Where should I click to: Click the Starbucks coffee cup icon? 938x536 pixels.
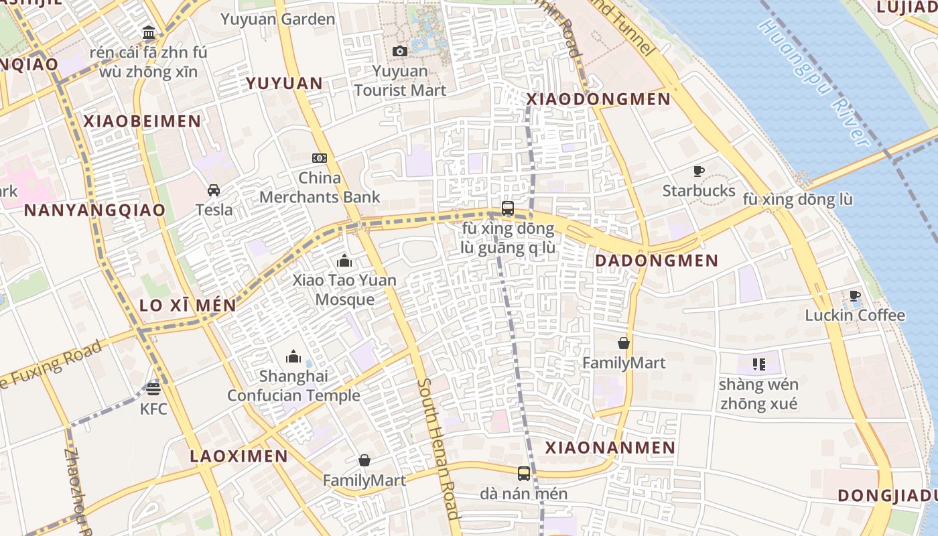pyautogui.click(x=699, y=172)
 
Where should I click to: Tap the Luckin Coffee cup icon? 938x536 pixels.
pyautogui.click(x=854, y=295)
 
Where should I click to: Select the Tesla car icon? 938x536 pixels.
pyautogui.click(x=214, y=190)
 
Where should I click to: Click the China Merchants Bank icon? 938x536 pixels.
pyautogui.click(x=320, y=158)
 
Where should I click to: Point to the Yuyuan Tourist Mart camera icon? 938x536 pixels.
pyautogui.click(x=400, y=52)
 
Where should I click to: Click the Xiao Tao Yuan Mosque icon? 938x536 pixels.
pyautogui.click(x=344, y=261)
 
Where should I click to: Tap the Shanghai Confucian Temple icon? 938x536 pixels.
pyautogui.click(x=293, y=356)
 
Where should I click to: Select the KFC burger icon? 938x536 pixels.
pyautogui.click(x=153, y=389)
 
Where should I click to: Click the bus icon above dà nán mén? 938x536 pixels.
pyautogui.click(x=524, y=474)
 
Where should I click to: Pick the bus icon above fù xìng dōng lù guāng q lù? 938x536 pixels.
pyautogui.click(x=508, y=208)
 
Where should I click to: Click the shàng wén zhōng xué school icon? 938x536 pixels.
pyautogui.click(x=758, y=364)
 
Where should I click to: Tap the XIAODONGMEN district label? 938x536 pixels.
pyautogui.click(x=598, y=99)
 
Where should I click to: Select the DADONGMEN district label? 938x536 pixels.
pyautogui.click(x=657, y=261)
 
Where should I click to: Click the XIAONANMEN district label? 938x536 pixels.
pyautogui.click(x=610, y=448)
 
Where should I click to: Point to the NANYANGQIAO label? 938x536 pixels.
pyautogui.click(x=94, y=210)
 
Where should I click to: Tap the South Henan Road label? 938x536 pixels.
pyautogui.click(x=438, y=449)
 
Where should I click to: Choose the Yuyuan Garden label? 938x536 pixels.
pyautogui.click(x=278, y=19)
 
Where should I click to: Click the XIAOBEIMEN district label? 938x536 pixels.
pyautogui.click(x=142, y=121)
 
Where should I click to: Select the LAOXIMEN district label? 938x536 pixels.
pyautogui.click(x=239, y=456)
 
